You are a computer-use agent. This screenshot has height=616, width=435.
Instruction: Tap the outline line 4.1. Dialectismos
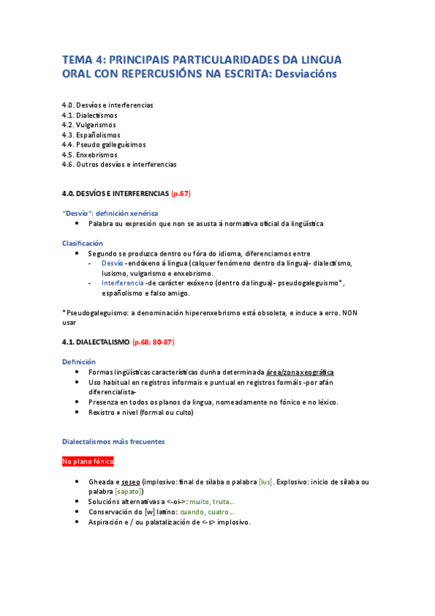(x=89, y=115)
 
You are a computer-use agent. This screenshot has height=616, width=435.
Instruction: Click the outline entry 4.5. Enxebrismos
(x=90, y=155)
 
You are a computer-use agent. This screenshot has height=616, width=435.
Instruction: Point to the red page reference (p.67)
(x=180, y=194)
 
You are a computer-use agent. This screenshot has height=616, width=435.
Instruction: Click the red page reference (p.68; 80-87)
(x=153, y=341)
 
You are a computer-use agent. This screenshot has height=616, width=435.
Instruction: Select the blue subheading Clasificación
(x=82, y=243)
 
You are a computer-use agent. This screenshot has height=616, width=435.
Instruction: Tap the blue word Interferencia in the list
(x=122, y=283)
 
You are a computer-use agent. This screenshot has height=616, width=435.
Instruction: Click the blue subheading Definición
(x=78, y=362)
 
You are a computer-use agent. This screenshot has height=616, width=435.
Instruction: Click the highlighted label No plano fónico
(x=88, y=461)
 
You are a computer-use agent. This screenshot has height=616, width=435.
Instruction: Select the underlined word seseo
(x=131, y=482)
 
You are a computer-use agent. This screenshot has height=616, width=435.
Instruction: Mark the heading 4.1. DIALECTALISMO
(x=96, y=341)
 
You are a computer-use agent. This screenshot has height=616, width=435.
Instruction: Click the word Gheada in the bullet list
(x=99, y=482)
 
